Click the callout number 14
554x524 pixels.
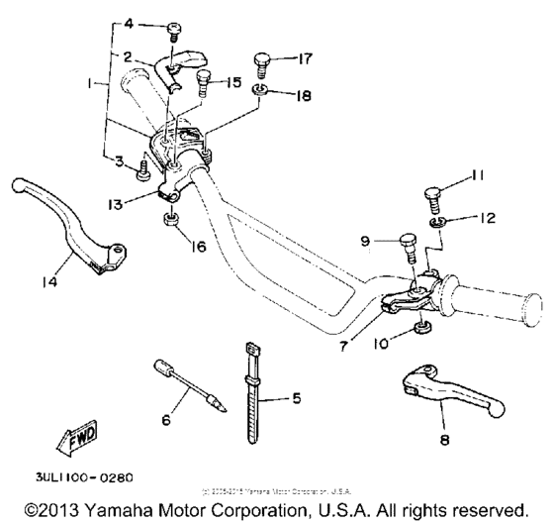pos(48,281)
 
